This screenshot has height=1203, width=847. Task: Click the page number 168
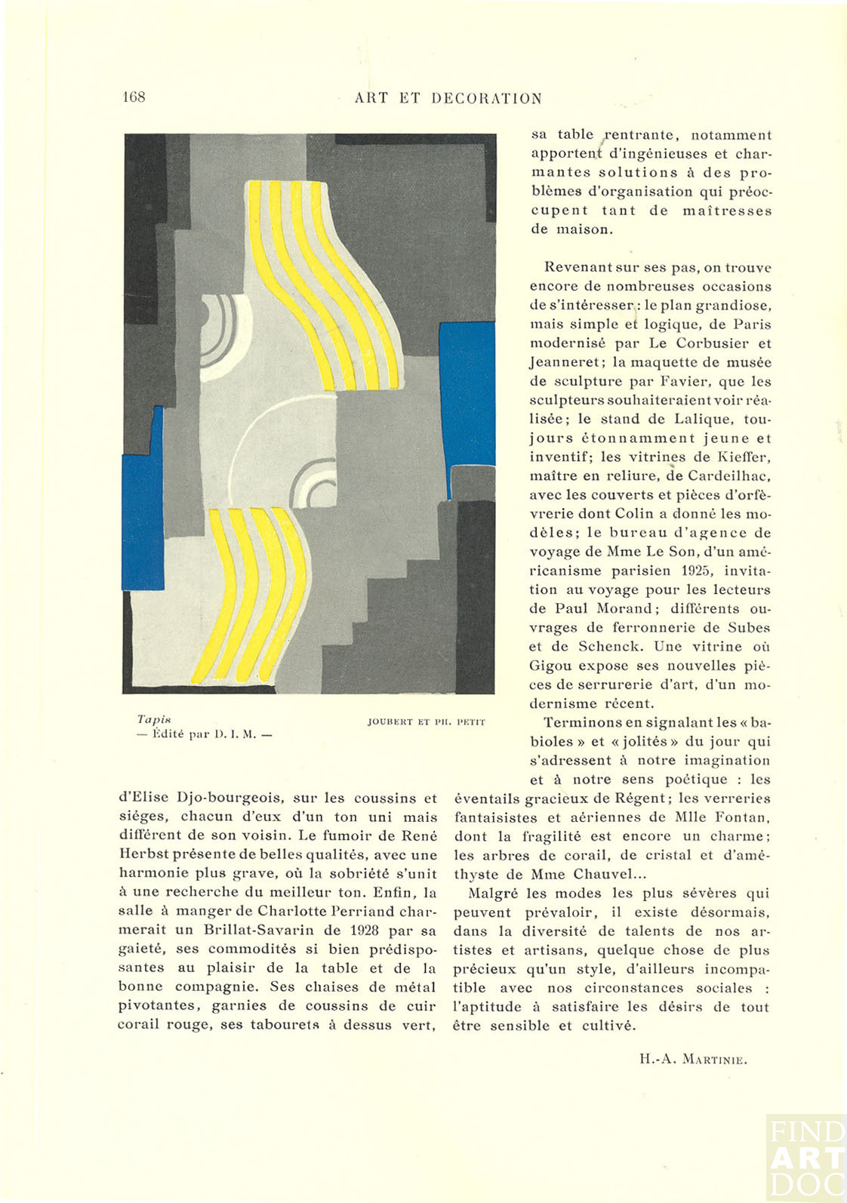click(x=134, y=97)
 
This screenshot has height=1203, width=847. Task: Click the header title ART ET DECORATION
click(x=448, y=99)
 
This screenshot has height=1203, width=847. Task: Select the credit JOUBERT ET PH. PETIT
click(x=426, y=721)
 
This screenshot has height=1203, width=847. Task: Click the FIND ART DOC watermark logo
click(x=805, y=1157)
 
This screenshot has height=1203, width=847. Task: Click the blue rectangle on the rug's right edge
click(x=467, y=393)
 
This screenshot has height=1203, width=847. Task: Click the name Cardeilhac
click(x=728, y=476)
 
